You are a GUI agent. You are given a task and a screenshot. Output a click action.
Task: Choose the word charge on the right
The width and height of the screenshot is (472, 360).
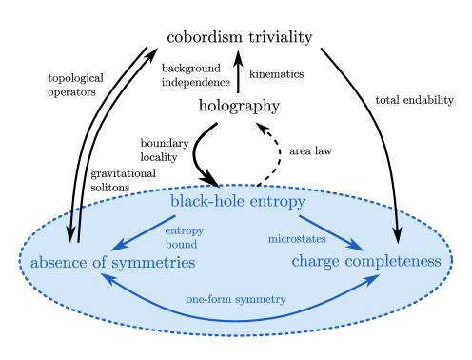tap(316, 261)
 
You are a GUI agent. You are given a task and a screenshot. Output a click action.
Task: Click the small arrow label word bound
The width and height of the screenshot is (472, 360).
tap(181, 245)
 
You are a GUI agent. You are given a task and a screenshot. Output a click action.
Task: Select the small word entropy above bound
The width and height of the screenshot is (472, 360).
tap(184, 230)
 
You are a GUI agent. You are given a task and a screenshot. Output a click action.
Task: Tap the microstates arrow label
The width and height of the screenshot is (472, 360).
tap(296, 239)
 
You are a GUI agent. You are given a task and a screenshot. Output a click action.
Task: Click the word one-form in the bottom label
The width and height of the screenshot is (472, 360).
tap(209, 299)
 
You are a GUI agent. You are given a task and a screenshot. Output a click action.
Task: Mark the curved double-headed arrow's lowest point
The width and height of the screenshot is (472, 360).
tap(238, 320)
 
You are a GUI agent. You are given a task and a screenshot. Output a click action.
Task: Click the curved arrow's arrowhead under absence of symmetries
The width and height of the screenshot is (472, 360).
tap(106, 278)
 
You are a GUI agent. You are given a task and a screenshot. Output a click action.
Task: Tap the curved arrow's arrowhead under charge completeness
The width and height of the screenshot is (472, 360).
tap(375, 277)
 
